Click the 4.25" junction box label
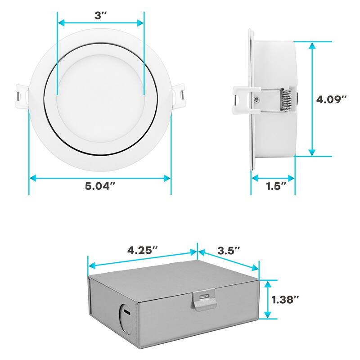(142, 249)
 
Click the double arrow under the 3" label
(100, 22)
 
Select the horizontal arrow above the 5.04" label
(100, 179)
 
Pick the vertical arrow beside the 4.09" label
(312, 99)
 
